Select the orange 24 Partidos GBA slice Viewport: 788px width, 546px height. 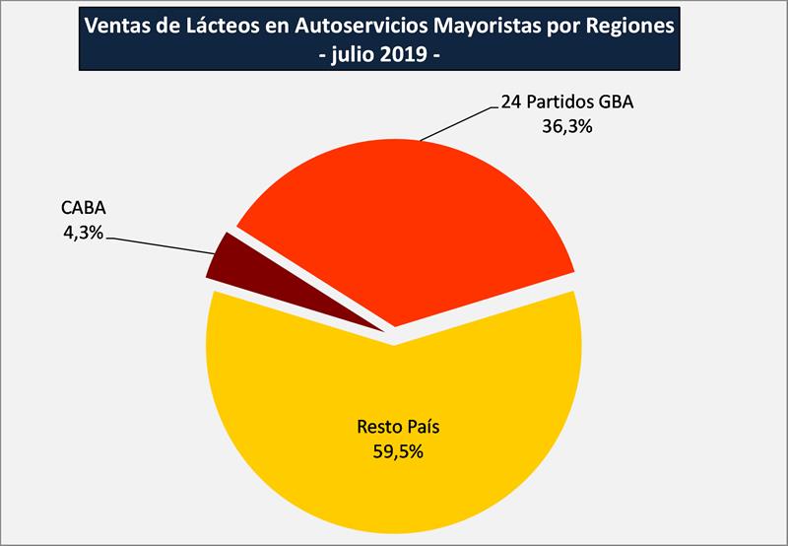click(414, 227)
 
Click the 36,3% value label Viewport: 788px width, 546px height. click(566, 126)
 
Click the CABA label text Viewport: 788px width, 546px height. click(82, 211)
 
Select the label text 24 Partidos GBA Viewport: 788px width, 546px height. click(565, 103)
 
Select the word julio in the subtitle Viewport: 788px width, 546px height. click(362, 56)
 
